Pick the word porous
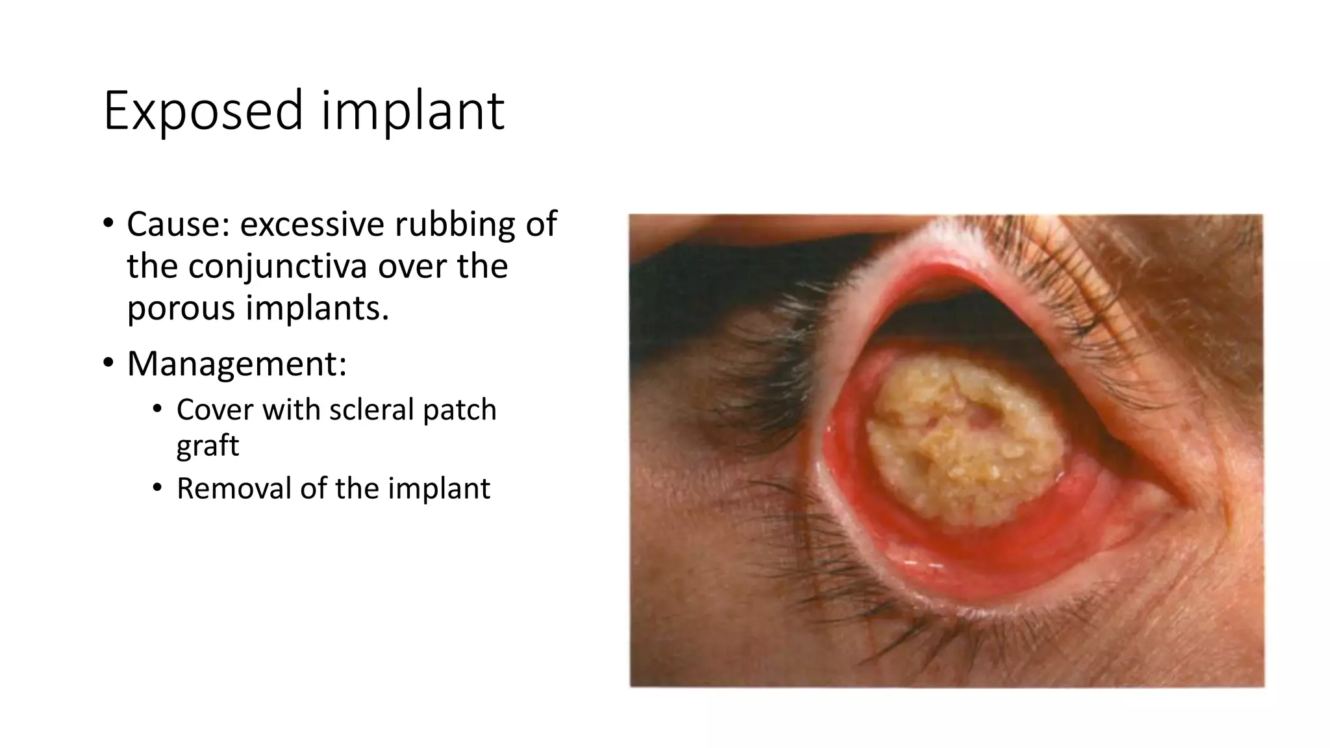pyautogui.click(x=181, y=307)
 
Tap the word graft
pyautogui.click(x=208, y=445)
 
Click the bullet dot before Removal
pyautogui.click(x=157, y=488)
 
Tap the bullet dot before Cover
pyautogui.click(x=157, y=410)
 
